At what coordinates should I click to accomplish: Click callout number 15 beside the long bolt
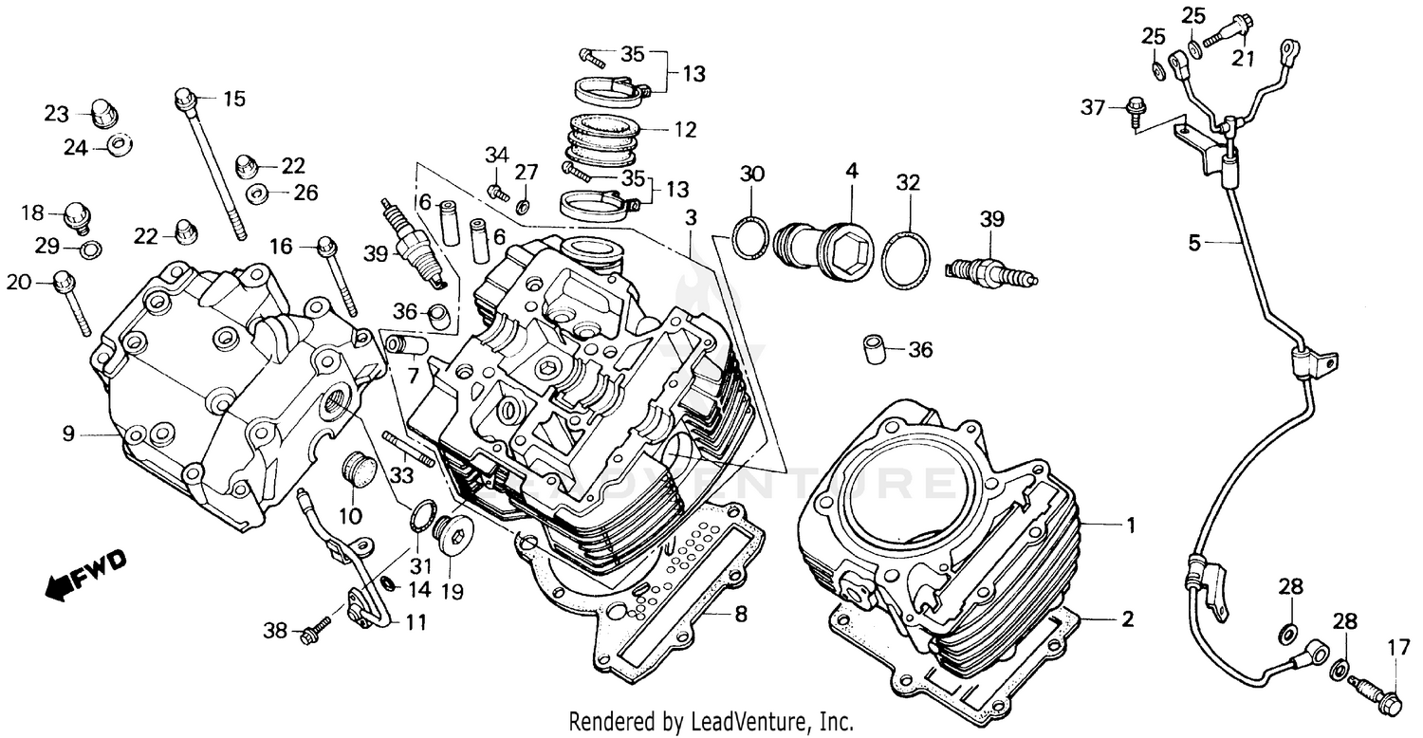[233, 99]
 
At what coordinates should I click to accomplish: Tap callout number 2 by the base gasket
[1127, 620]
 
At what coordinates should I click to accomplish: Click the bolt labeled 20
[71, 301]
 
